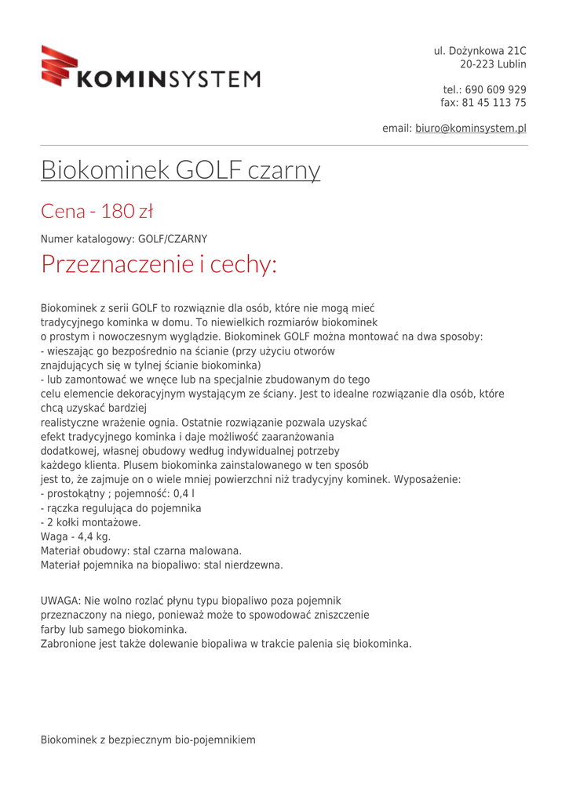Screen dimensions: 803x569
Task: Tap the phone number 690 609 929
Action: pyautogui.click(x=495, y=89)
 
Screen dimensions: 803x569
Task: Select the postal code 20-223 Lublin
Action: pyautogui.click(x=493, y=64)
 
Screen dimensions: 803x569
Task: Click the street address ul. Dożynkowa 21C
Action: pyautogui.click(x=480, y=51)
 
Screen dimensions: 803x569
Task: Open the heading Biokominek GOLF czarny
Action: pyautogui.click(x=181, y=169)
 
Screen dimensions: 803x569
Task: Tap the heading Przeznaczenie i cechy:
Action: pyautogui.click(x=159, y=264)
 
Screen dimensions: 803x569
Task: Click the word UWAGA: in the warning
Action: pyautogui.click(x=60, y=600)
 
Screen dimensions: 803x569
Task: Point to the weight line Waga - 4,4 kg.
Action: pyautogui.click(x=75, y=536)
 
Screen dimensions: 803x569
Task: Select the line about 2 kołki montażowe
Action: pyautogui.click(x=90, y=522)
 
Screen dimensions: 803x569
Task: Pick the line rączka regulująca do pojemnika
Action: pyautogui.click(x=120, y=508)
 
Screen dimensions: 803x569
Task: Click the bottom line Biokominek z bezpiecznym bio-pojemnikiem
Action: pyautogui.click(x=148, y=739)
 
